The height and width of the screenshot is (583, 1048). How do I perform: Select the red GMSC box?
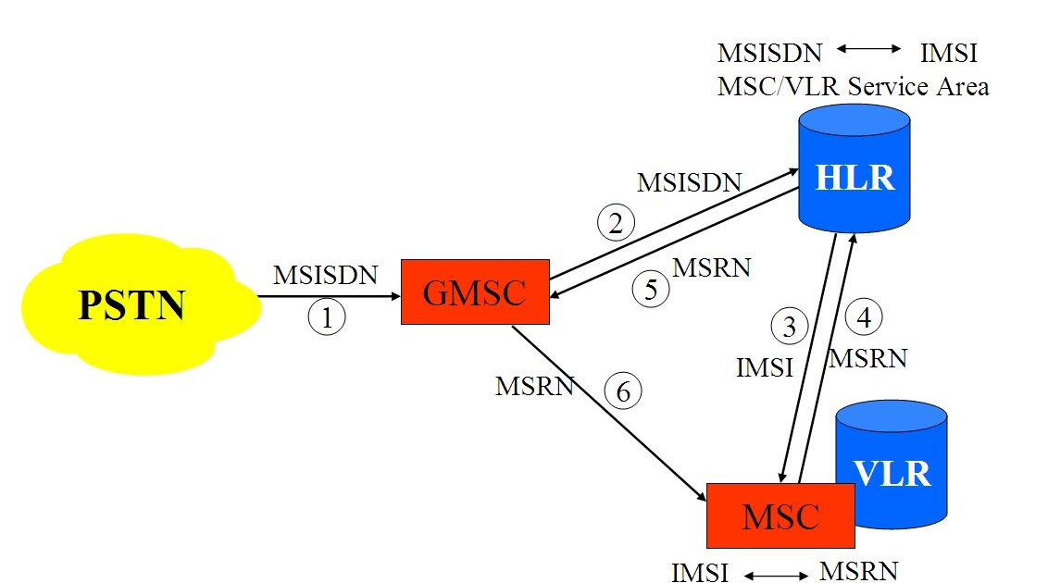click(474, 291)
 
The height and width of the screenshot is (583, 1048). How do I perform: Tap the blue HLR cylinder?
click(855, 176)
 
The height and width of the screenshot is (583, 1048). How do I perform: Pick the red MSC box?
click(780, 515)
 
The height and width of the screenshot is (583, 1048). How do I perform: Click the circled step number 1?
click(326, 317)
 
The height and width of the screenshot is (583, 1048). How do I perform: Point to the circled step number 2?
click(616, 222)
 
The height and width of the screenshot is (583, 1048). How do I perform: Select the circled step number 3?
click(789, 326)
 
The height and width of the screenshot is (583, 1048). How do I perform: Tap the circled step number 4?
click(864, 317)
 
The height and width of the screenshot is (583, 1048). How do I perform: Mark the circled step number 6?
click(623, 391)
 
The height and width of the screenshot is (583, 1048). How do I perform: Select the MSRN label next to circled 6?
click(534, 386)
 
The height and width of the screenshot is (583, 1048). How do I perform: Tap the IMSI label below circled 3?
click(765, 367)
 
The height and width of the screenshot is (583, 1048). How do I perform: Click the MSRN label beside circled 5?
click(711, 268)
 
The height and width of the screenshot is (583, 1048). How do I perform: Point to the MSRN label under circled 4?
click(867, 357)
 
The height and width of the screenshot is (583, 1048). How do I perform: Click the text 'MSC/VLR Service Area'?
click(853, 86)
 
